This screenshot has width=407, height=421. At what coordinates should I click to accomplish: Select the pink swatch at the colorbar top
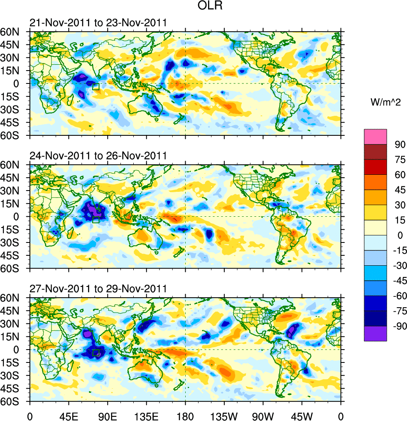click(x=375, y=137)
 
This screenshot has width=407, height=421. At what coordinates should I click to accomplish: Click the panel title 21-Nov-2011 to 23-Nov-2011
click(x=98, y=23)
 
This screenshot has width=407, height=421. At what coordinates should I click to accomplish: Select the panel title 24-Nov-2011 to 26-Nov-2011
click(x=98, y=156)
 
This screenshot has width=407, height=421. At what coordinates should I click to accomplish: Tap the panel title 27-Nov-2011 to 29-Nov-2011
click(x=98, y=289)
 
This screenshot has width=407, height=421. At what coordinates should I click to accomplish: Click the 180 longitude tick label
click(x=185, y=415)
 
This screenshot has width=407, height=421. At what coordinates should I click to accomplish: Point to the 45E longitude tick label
click(x=69, y=415)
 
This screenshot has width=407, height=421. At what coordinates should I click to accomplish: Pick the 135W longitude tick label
click(x=224, y=415)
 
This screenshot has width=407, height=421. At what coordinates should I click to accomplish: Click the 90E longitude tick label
click(x=108, y=415)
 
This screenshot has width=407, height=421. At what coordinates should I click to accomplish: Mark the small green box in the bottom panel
click(x=96, y=353)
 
